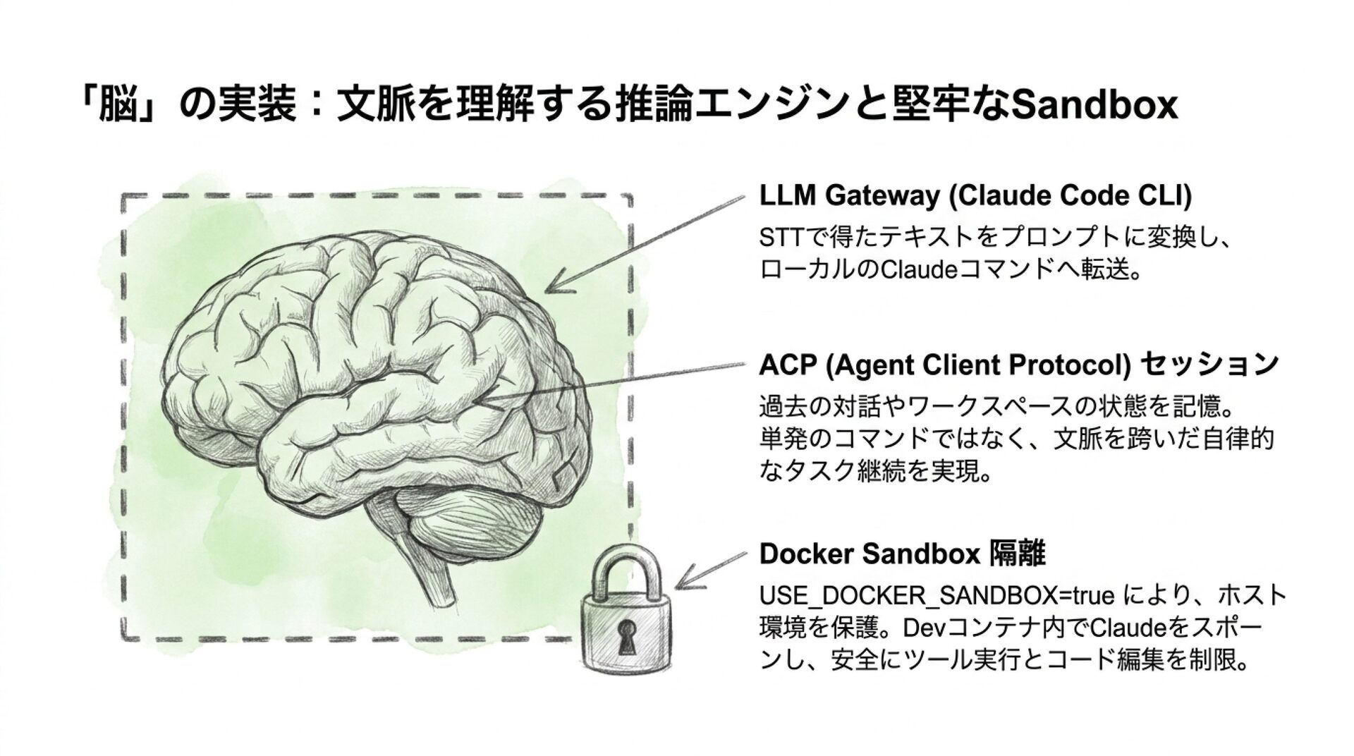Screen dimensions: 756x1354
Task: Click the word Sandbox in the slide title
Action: point(1094,105)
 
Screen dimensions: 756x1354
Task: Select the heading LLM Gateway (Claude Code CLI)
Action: point(975,196)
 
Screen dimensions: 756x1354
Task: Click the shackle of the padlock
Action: point(625,568)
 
